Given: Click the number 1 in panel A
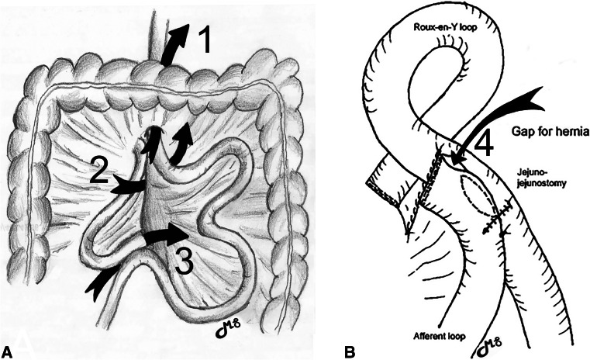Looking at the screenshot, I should click(x=205, y=40).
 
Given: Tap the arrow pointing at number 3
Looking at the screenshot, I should click(x=166, y=234).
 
